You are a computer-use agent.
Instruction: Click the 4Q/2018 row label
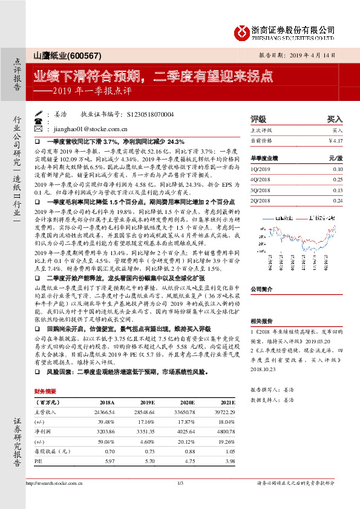click(x=260, y=180)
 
